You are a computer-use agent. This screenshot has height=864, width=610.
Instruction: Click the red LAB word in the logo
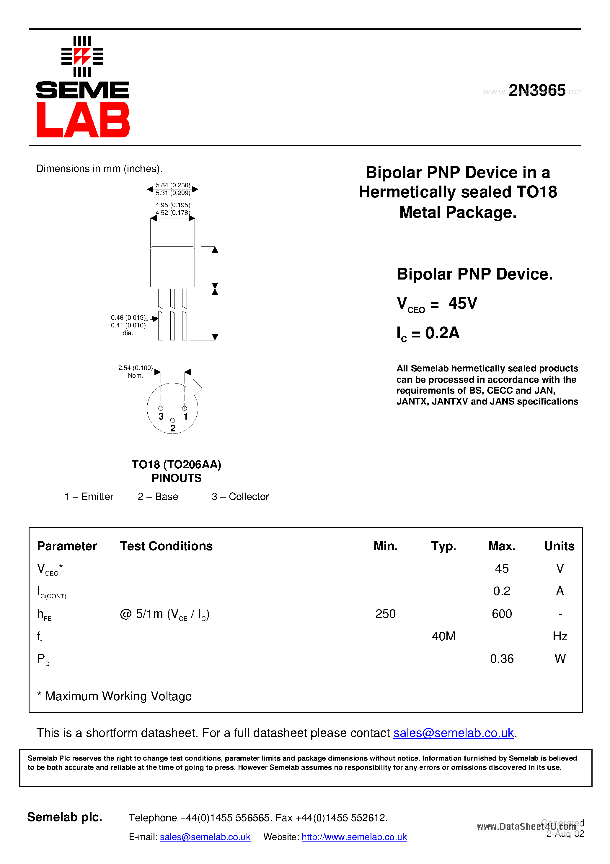click(x=83, y=120)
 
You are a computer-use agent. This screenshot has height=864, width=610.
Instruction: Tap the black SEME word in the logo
click(x=82, y=90)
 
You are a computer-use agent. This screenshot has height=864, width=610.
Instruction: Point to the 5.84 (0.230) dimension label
click(x=173, y=185)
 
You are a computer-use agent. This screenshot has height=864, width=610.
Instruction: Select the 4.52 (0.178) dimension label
click(x=173, y=213)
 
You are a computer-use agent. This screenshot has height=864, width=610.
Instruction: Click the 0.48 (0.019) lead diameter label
click(x=128, y=318)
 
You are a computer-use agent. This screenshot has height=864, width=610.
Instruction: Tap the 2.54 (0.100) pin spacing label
click(x=136, y=368)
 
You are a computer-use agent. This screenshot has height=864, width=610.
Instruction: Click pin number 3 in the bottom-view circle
click(x=161, y=416)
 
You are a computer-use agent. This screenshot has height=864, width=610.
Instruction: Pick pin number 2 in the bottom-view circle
click(x=173, y=428)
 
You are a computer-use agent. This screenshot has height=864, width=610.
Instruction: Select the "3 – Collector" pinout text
click(x=240, y=497)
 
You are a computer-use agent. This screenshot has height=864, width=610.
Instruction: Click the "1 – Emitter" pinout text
click(x=89, y=497)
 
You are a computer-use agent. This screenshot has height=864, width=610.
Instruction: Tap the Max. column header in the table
click(x=502, y=546)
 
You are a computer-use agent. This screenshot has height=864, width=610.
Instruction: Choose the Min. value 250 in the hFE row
click(x=386, y=614)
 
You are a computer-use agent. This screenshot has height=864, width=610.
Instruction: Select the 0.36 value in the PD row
click(x=502, y=659)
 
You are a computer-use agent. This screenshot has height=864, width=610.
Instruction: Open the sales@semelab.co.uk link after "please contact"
click(x=454, y=733)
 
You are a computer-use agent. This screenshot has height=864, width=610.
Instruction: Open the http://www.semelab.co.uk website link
click(x=354, y=837)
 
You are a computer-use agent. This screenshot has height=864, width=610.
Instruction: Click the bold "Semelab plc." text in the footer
click(x=65, y=817)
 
